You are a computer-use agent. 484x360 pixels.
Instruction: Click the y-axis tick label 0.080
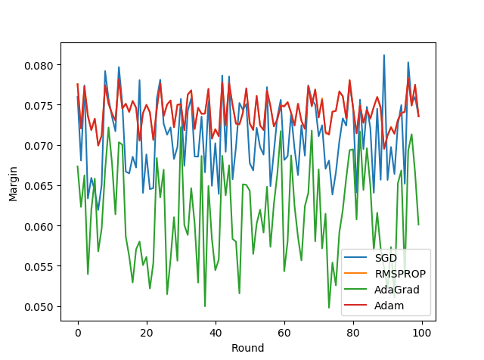(39, 66)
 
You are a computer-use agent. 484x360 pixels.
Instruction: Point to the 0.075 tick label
(39, 106)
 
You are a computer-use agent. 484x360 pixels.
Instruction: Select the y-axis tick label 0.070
(39, 146)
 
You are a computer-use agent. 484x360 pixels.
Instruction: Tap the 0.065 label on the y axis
(39, 186)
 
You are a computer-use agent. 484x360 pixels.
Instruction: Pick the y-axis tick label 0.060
(39, 227)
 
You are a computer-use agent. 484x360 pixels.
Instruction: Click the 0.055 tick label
(39, 267)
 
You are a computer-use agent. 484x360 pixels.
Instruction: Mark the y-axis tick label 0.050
(39, 307)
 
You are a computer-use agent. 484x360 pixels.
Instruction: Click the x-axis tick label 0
(78, 333)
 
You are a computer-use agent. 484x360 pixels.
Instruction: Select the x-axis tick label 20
(147, 333)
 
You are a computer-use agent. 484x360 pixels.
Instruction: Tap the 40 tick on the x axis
(216, 333)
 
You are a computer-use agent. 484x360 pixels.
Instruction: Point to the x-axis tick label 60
(284, 333)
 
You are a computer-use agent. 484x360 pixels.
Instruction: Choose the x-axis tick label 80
(353, 333)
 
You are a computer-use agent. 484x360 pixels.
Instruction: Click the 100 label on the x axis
(422, 333)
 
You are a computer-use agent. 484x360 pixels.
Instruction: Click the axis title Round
(248, 348)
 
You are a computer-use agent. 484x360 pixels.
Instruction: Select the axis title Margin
(13, 184)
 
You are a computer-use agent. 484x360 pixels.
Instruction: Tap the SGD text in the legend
(386, 258)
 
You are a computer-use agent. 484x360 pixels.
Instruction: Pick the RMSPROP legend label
(400, 274)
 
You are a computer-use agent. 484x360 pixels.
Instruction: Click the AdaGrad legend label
(397, 290)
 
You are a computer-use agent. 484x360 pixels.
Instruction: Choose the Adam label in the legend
(389, 306)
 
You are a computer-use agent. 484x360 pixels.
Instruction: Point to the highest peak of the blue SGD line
(384, 55)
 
